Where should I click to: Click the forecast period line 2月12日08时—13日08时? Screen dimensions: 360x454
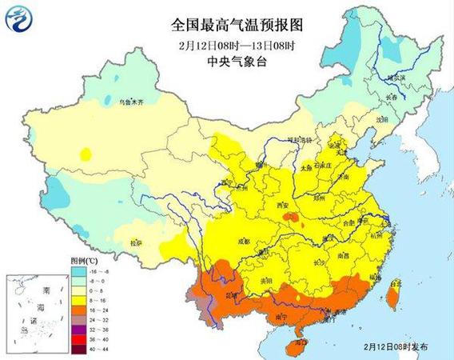[x=226, y=43]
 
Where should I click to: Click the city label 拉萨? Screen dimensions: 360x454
[x=136, y=241]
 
